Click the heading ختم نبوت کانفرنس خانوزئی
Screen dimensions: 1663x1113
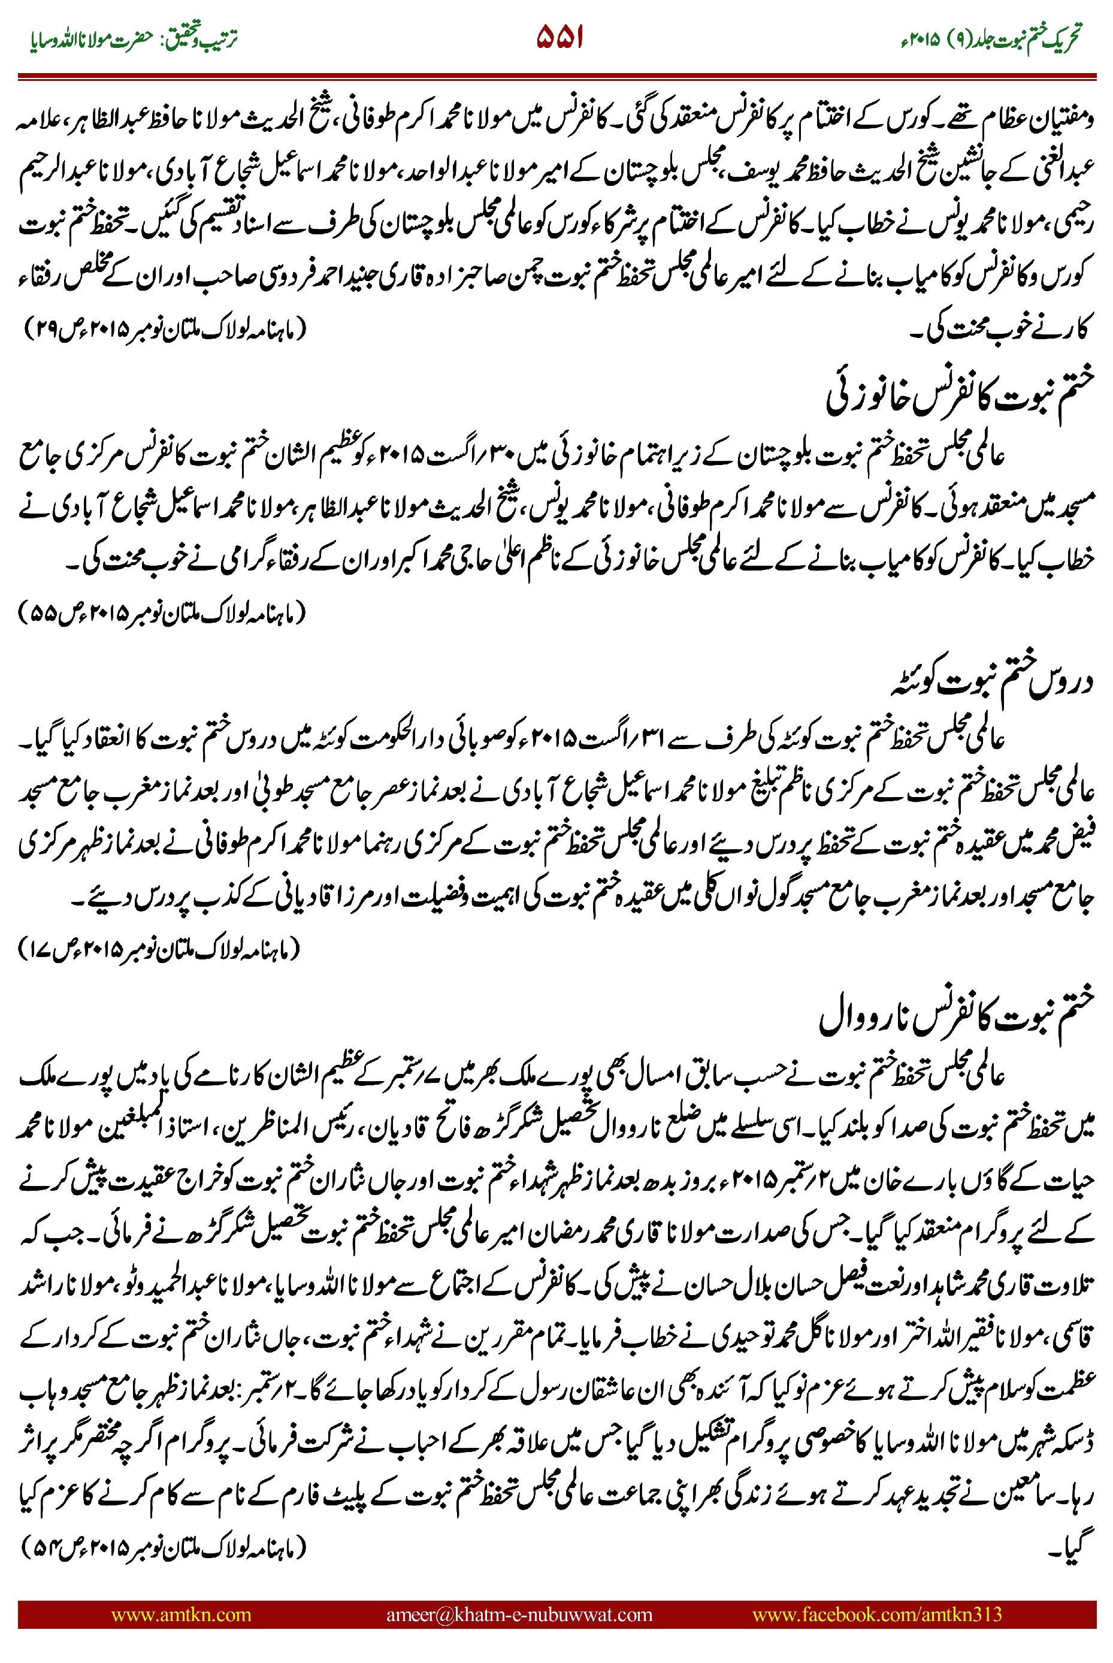[x=958, y=398]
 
